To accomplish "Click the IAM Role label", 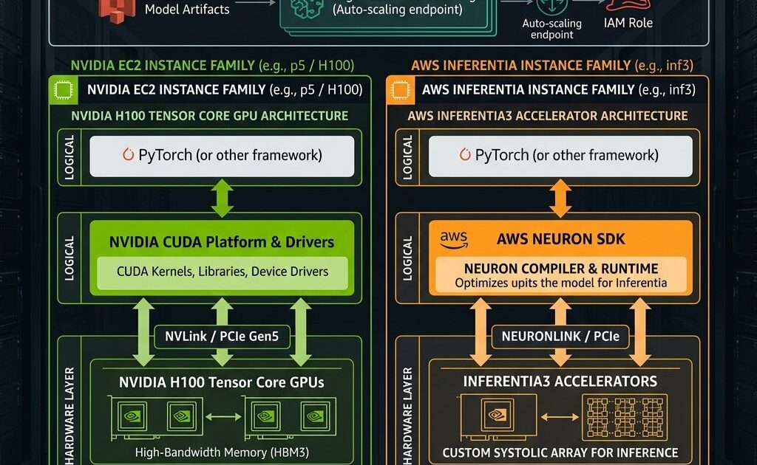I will point(628,23).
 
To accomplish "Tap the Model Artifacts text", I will point(187,10).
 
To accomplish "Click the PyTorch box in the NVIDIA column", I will point(223,156).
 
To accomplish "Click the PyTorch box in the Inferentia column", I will point(560,156).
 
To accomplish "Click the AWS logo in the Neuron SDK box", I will point(454,239).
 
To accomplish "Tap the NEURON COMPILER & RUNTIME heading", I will point(560,269).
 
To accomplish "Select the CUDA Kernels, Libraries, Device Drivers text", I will point(223,272).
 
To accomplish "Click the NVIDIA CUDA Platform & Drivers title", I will point(222,242).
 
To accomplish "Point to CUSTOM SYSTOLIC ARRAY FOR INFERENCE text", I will point(560,452).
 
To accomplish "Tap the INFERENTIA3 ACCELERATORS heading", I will point(560,382).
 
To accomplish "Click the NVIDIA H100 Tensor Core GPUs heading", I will point(222,382).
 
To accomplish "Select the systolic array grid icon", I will point(620,416).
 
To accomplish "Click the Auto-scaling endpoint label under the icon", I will point(551,29).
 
